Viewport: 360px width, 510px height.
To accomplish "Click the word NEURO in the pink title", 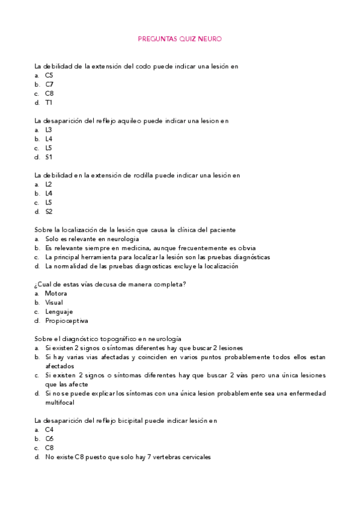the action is [212, 38].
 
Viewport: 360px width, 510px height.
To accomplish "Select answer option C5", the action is [49, 75].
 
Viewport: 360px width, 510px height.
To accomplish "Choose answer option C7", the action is [49, 84].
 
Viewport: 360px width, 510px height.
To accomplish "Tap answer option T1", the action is [49, 102].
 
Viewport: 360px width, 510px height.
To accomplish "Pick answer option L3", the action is [49, 129].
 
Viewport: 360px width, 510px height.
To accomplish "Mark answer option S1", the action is [49, 157].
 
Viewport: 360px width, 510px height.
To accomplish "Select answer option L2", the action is [49, 184].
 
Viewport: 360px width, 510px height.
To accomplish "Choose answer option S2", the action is [49, 211].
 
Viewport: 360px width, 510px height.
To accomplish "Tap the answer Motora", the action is [56, 293].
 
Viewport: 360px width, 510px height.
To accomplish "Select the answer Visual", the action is [53, 303].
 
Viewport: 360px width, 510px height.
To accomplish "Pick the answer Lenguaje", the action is [58, 312].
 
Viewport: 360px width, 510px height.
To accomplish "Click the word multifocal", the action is [60, 402].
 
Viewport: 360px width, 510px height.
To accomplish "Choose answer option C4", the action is [49, 429].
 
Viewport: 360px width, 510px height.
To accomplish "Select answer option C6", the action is [49, 438].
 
